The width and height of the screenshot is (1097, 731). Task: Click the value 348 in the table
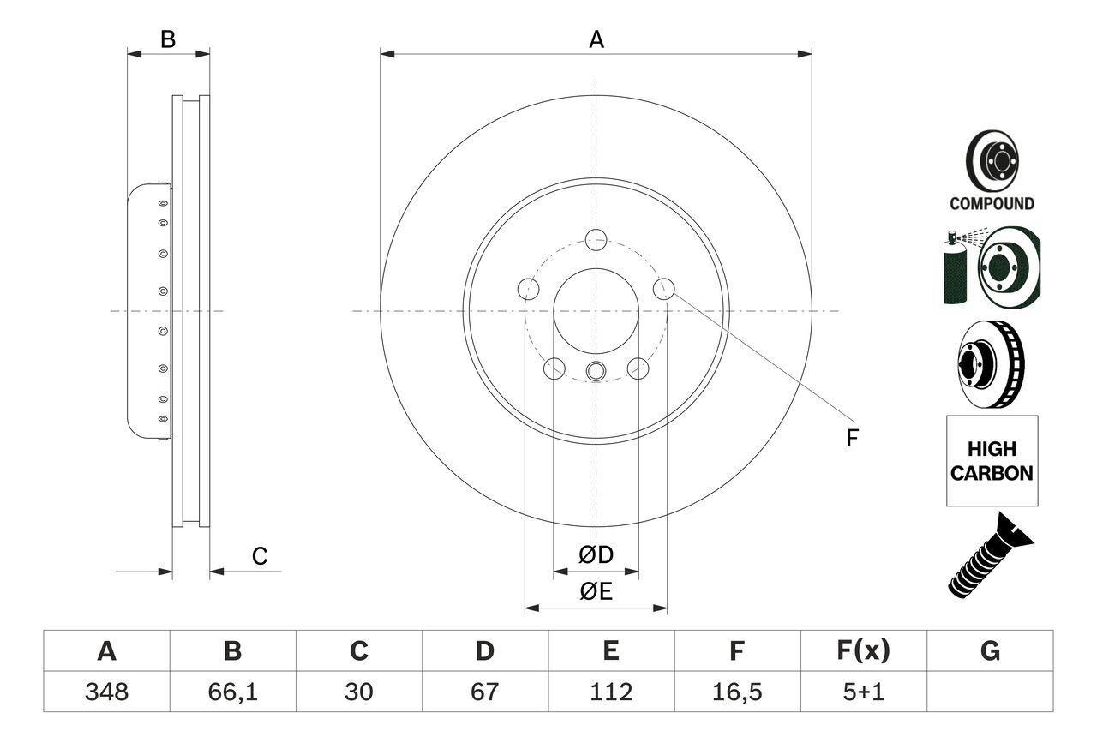point(106,692)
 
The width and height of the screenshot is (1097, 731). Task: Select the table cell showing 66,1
point(232,692)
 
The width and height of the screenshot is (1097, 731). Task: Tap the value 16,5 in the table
point(736,692)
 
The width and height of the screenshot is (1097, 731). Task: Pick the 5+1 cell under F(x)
point(863,692)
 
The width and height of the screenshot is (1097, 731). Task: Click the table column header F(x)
point(863,651)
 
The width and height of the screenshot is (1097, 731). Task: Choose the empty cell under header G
point(990,692)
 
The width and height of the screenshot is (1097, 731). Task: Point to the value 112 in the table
point(610,692)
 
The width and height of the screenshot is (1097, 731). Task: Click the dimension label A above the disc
point(596,39)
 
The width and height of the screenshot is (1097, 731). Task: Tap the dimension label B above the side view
point(168,39)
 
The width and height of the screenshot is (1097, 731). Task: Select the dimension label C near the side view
point(260,556)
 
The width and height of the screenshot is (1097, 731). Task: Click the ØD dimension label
point(596,555)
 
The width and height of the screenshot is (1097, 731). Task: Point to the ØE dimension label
point(596,591)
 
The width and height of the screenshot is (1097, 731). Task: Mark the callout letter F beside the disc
point(852,439)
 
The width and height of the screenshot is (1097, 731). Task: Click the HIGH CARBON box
point(992,461)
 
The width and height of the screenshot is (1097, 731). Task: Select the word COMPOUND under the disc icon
point(992,204)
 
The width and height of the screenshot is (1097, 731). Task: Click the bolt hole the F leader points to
point(663,289)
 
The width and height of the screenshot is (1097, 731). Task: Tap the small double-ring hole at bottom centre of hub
point(596,371)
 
